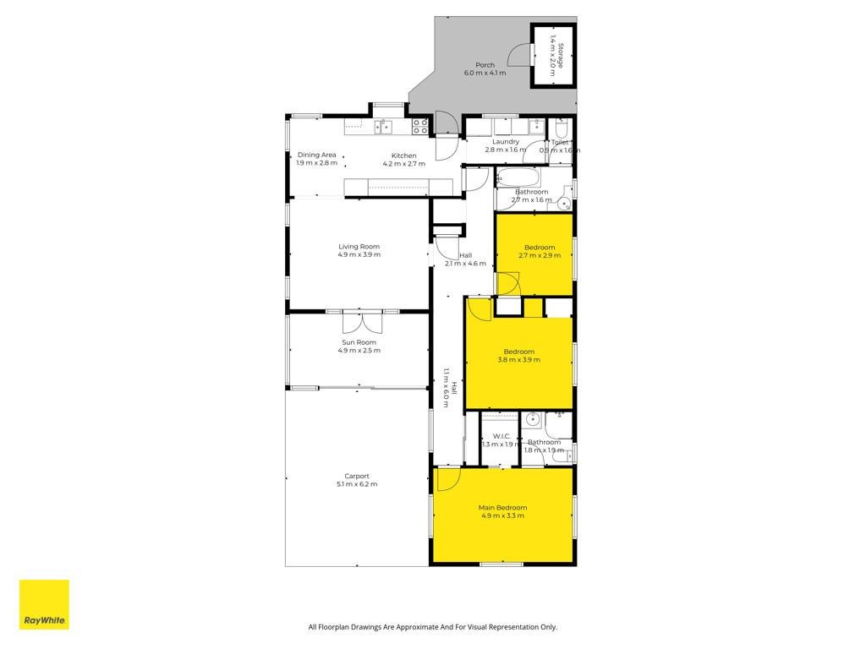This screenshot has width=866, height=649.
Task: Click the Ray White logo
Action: tap(44, 604)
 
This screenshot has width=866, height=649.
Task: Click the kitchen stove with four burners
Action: tap(420, 127)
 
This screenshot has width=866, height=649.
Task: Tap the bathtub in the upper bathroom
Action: tap(518, 177)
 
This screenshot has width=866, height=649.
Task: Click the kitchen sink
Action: tap(383, 127)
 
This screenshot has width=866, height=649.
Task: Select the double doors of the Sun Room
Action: tap(362, 322)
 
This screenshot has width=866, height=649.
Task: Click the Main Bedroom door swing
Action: tap(448, 479)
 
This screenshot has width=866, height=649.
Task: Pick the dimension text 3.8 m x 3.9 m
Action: tap(519, 360)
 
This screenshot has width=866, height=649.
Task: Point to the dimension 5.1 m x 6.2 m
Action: tap(357, 484)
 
